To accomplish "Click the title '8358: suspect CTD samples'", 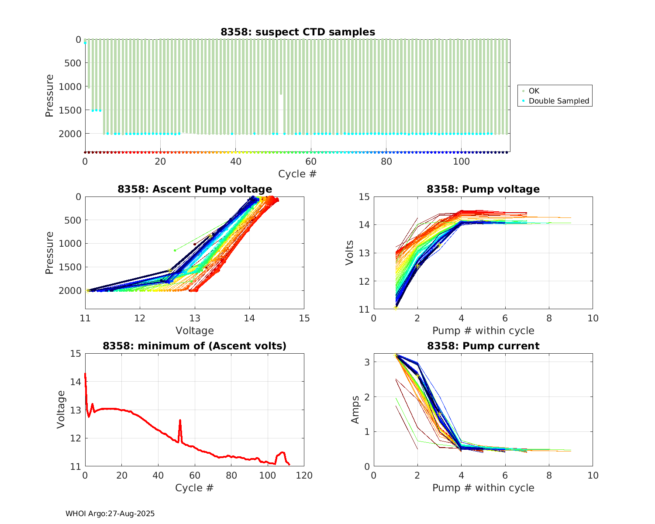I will click(297, 32).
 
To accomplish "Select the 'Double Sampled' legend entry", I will click(558, 101).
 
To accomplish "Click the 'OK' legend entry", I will click(534, 91).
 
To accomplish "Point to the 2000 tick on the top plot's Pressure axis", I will click(70, 134).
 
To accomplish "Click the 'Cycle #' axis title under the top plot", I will click(297, 174).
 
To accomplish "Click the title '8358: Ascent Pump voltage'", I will click(194, 189).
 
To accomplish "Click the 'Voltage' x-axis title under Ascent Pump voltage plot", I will click(194, 331).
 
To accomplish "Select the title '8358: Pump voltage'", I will click(483, 189).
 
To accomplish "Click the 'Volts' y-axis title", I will click(349, 253).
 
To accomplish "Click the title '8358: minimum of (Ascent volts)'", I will click(194, 346).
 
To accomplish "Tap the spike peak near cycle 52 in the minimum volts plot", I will click(180, 420).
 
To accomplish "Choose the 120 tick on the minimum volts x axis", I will click(304, 476).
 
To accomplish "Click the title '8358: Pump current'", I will click(483, 346).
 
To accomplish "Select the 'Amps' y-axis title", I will click(355, 410).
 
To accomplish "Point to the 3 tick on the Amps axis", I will click(367, 362).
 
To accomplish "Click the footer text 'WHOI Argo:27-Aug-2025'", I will click(110, 514).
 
